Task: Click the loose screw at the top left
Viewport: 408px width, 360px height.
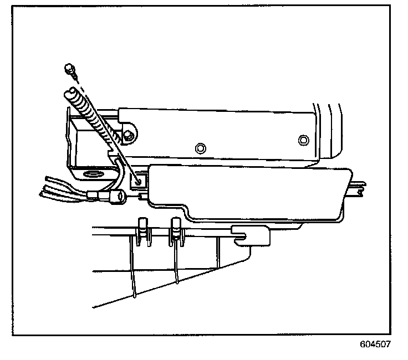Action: pos(69,69)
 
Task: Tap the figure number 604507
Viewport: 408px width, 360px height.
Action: pos(375,344)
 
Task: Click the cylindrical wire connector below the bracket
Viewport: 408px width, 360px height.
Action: pos(118,195)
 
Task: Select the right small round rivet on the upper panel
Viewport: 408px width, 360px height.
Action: pos(302,138)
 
